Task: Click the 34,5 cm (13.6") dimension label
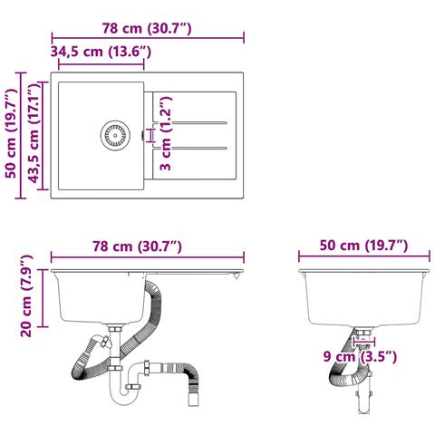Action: point(101,52)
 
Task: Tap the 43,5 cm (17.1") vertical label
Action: point(34,133)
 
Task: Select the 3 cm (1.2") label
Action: point(166,133)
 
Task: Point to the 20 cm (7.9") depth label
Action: point(25,295)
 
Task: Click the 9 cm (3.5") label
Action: point(360,357)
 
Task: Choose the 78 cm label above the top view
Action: point(147,28)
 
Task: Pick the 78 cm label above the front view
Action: point(138,246)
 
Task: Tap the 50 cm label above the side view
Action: point(364,246)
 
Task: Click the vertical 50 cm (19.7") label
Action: point(12,133)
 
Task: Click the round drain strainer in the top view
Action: point(115,136)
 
